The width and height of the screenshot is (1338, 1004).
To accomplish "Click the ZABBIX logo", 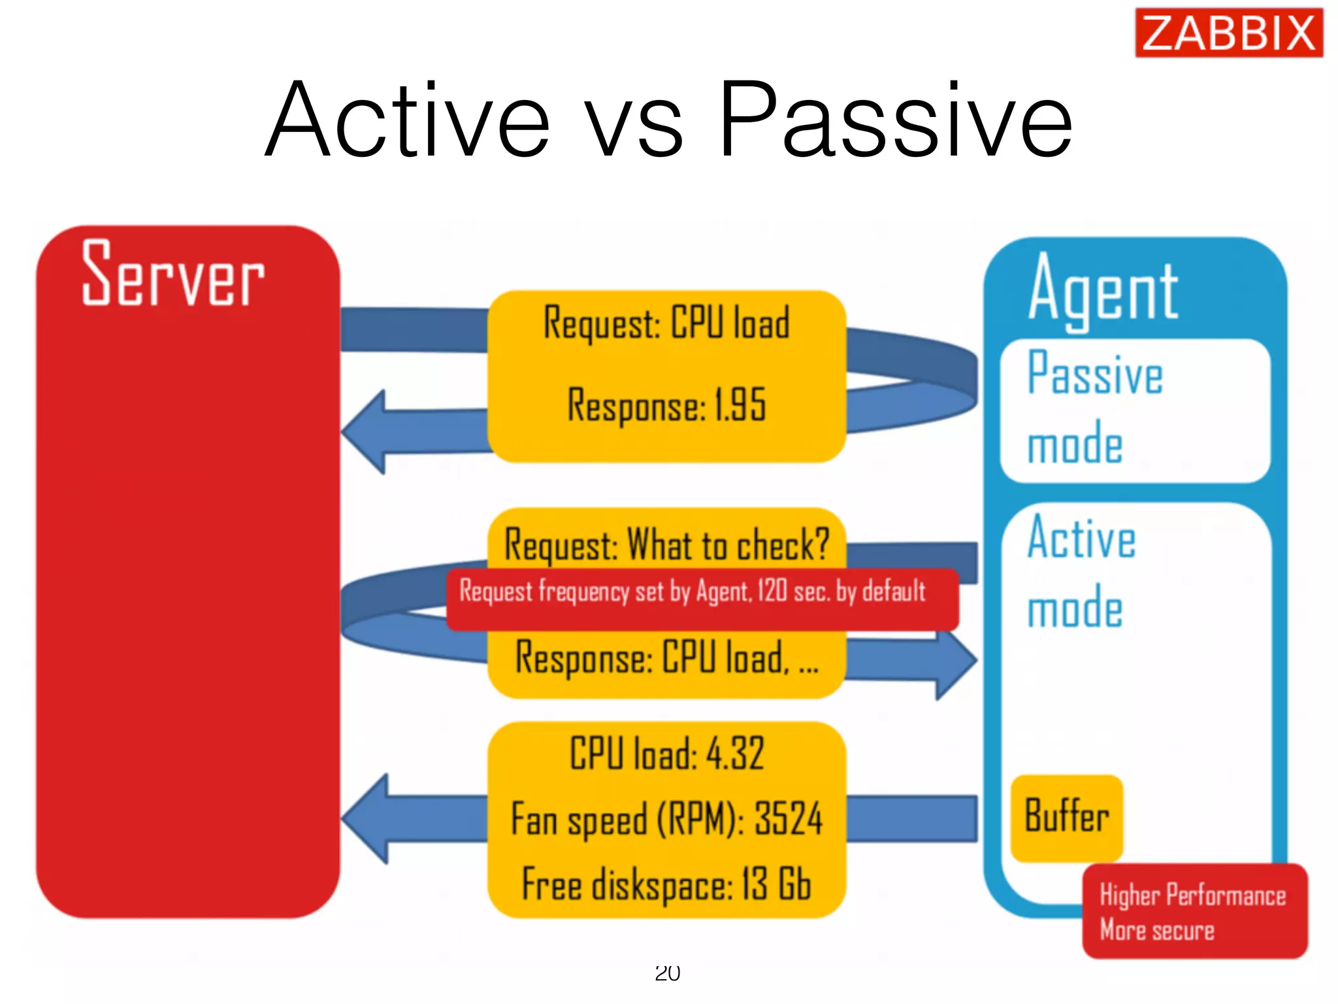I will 1228,33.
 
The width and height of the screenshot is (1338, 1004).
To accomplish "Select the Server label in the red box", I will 173,275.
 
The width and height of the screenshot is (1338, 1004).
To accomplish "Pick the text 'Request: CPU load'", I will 666,324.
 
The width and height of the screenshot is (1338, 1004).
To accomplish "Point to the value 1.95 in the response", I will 740,405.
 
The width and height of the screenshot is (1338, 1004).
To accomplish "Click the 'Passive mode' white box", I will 1134,410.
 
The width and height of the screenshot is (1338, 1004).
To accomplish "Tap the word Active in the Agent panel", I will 1081,539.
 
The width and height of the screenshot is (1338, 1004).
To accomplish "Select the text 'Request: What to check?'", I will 666,544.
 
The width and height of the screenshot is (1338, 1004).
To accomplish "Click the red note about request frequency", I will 702,599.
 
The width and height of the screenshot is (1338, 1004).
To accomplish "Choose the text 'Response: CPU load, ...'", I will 666,658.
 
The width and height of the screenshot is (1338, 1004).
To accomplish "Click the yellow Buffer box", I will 1066,817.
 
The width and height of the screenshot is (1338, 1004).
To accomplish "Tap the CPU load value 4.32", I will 735,754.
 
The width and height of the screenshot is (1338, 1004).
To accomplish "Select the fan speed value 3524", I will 788,819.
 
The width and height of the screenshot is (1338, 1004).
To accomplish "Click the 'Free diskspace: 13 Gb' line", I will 666,885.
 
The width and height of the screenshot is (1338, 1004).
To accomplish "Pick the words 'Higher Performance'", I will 1192,895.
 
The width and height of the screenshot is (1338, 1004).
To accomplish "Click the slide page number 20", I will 667,973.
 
